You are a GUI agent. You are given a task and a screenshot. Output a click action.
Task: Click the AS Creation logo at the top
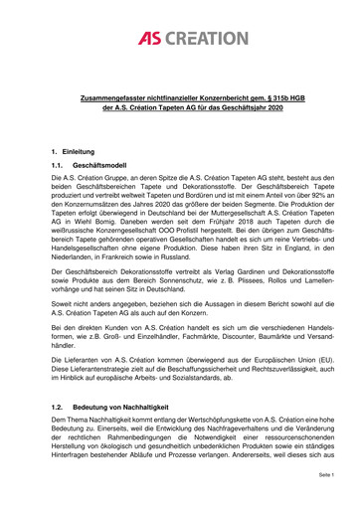pos(179,41)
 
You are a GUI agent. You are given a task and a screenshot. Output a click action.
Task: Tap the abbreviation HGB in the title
pos(305,102)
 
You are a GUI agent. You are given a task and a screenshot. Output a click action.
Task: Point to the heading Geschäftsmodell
pos(90,163)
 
